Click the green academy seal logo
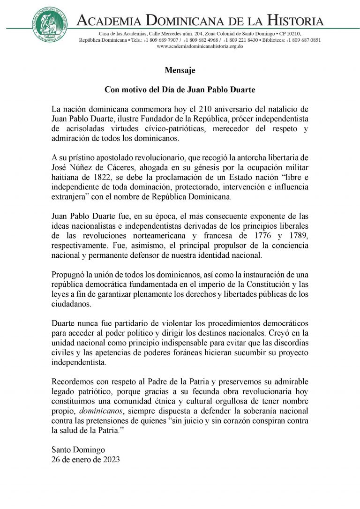tap(49, 24)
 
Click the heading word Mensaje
tap(180, 71)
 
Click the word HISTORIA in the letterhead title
tap(296, 21)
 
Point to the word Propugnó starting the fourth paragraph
tap(70, 274)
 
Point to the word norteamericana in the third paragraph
tap(170, 236)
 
